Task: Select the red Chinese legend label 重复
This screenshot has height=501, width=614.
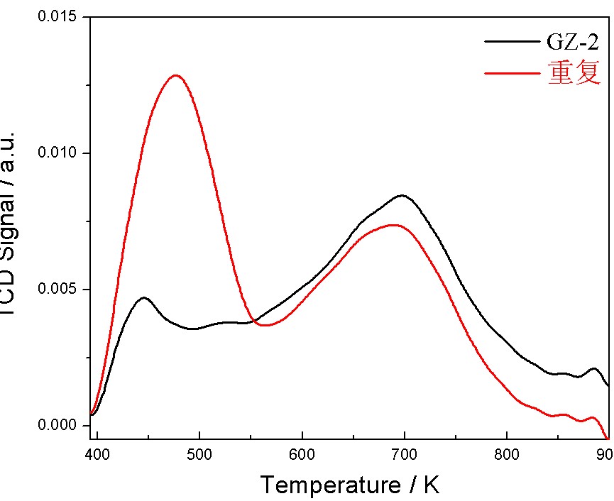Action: click(x=574, y=72)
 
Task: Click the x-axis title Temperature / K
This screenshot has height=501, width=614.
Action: click(x=350, y=485)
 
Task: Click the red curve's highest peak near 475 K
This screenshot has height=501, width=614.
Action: click(x=175, y=75)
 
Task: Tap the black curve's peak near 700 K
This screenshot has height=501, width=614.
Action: click(x=402, y=195)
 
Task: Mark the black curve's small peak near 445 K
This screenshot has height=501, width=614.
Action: click(x=144, y=298)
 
